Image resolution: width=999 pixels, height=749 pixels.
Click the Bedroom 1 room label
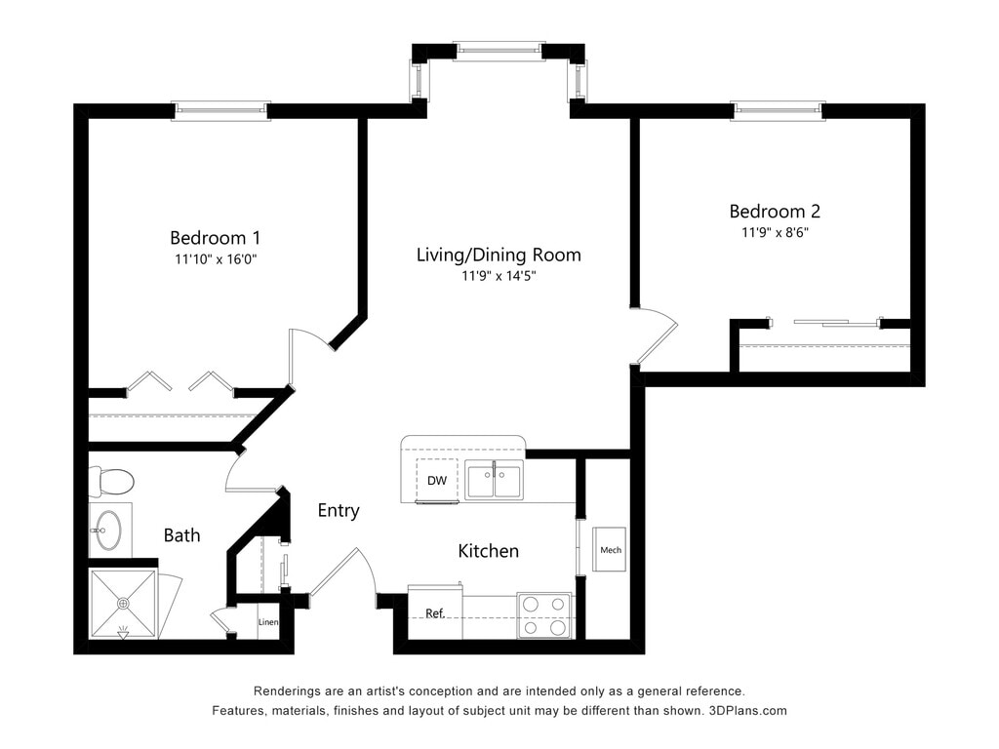click(x=215, y=238)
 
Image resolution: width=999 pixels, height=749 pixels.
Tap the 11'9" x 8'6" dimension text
click(x=775, y=232)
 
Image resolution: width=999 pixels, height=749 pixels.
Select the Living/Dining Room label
click(x=499, y=255)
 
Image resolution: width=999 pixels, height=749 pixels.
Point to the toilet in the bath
click(x=110, y=482)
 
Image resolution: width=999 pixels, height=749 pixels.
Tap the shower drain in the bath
click(x=123, y=603)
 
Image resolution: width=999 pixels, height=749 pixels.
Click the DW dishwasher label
click(x=437, y=481)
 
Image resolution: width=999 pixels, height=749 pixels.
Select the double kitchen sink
click(x=494, y=480)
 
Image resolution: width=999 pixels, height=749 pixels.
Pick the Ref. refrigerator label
click(x=435, y=613)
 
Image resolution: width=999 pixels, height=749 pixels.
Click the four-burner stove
click(x=544, y=615)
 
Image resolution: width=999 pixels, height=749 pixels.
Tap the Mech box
click(x=610, y=549)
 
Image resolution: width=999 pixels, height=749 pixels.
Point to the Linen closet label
click(x=268, y=622)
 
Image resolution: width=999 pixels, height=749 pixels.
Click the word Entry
click(x=339, y=511)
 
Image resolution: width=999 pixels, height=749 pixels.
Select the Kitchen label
click(x=489, y=551)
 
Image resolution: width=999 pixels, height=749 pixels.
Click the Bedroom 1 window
click(x=221, y=111)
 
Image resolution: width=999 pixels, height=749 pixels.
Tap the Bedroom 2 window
click(x=778, y=111)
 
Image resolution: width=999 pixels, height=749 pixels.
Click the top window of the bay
click(x=499, y=52)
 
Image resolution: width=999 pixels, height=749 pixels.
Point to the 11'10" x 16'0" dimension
click(x=216, y=259)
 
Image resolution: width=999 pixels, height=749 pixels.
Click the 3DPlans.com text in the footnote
click(x=748, y=711)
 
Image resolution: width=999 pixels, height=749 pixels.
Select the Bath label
click(x=181, y=535)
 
